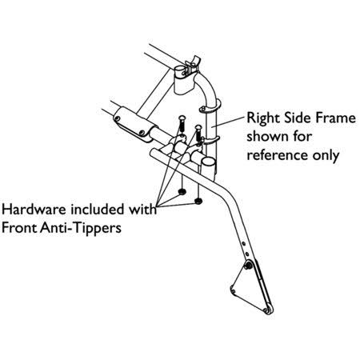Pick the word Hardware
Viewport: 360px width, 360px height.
[x=34, y=210]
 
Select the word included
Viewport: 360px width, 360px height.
[x=98, y=210]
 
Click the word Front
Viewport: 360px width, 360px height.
[x=20, y=228]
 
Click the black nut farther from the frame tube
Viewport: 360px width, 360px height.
[x=182, y=191]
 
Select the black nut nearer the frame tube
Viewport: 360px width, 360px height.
[x=198, y=201]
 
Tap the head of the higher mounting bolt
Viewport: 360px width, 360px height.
[x=181, y=118]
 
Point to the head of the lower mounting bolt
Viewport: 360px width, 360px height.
[x=198, y=128]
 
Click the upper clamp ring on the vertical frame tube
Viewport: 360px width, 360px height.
[x=210, y=107]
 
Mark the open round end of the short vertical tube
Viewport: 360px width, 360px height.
[x=207, y=162]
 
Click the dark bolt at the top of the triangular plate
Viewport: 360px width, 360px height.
[x=249, y=266]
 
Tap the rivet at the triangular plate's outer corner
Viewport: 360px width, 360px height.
[x=233, y=290]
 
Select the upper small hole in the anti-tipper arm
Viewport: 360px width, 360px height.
[x=243, y=243]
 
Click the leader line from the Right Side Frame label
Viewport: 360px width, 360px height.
[x=230, y=121]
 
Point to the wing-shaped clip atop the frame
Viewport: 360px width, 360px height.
[x=193, y=64]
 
